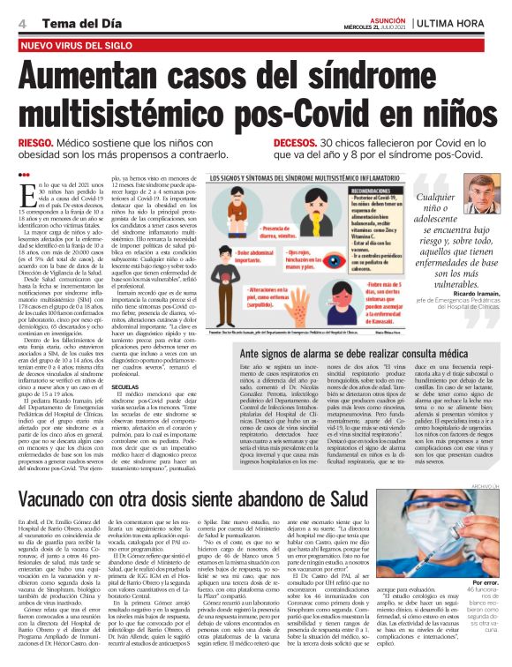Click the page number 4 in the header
click(x=20, y=21)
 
